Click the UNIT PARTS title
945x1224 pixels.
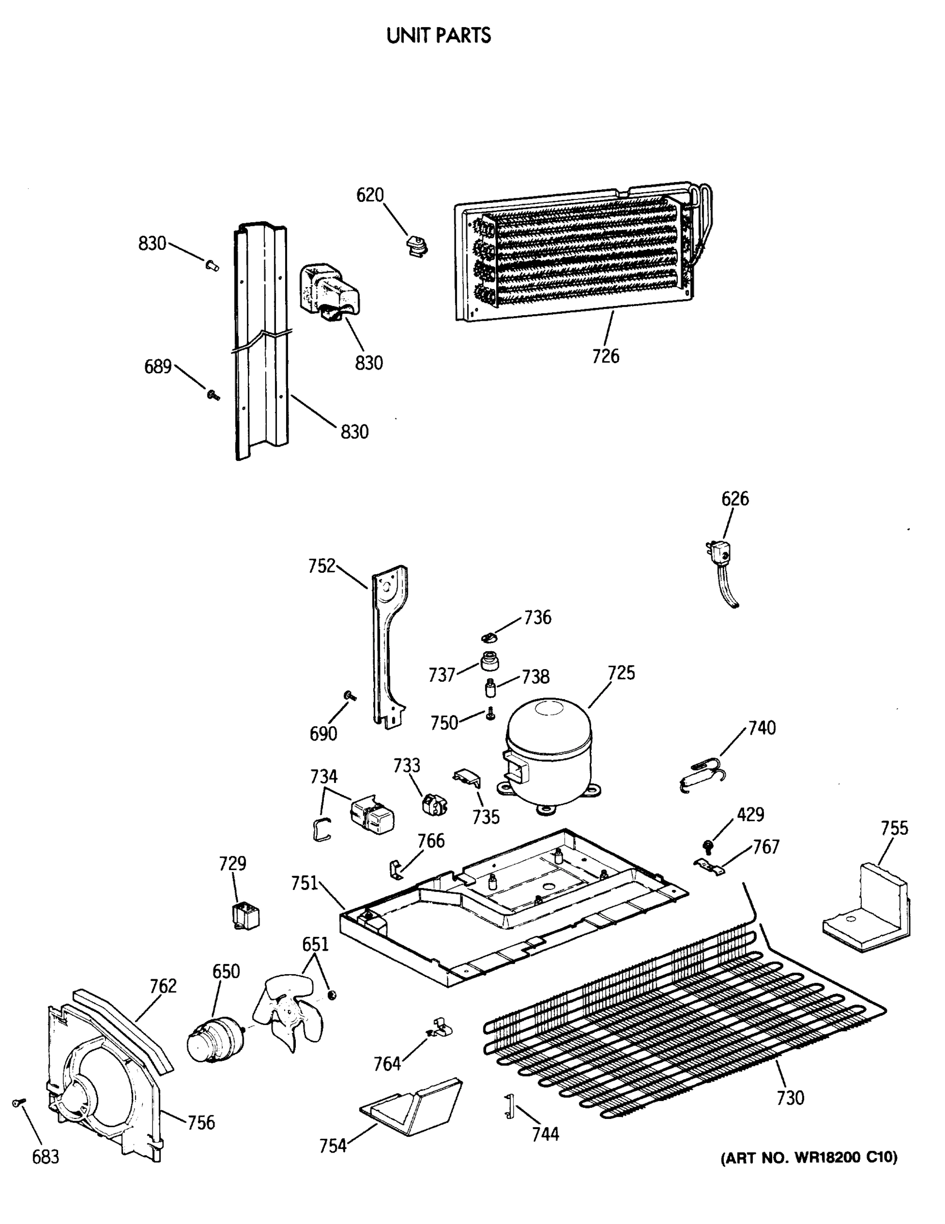[x=438, y=35]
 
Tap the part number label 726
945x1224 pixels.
[x=605, y=355]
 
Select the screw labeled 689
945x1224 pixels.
[x=213, y=395]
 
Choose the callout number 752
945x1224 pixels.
[x=322, y=566]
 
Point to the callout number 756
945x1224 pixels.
[x=200, y=1123]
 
